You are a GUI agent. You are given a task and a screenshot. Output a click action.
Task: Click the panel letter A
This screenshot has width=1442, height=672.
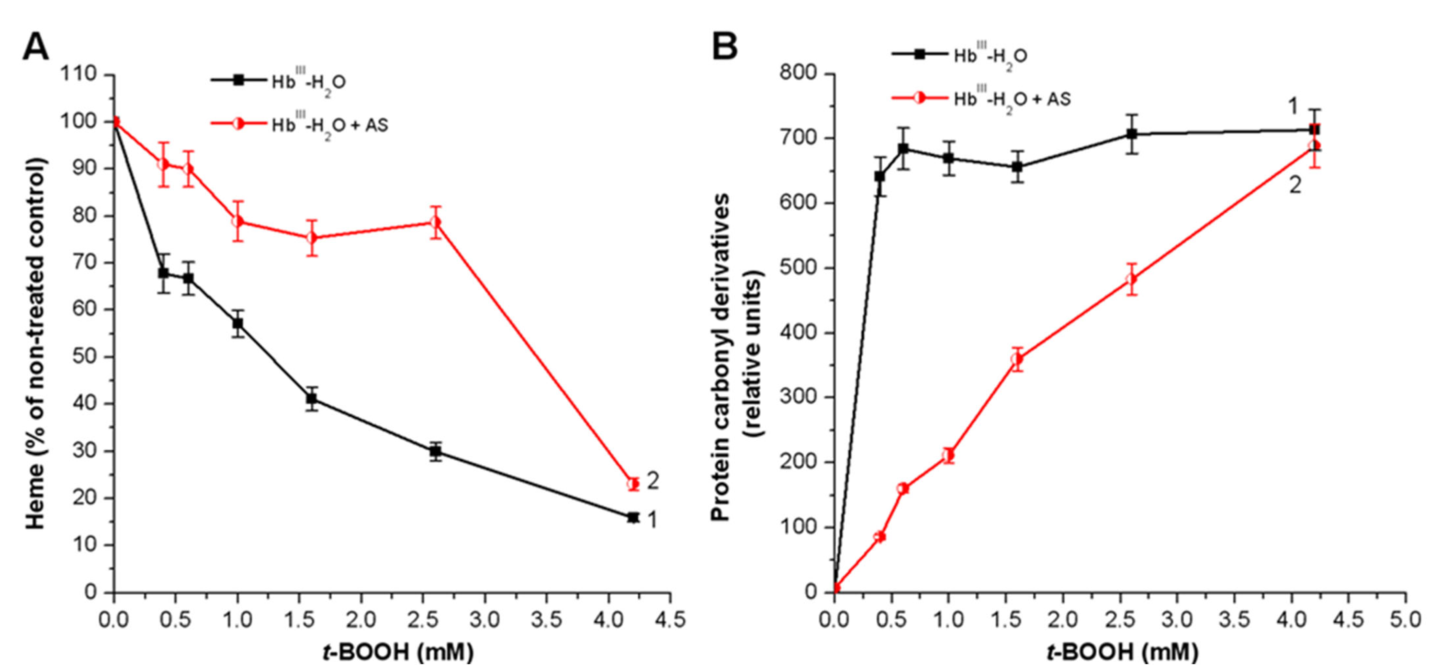coord(35,47)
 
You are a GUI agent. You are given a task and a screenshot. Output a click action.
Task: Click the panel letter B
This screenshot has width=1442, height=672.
coord(724,47)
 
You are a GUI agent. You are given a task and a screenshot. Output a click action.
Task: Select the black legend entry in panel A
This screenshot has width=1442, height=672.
coord(278,81)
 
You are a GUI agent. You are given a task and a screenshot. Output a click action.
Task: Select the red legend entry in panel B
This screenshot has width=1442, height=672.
coord(981,99)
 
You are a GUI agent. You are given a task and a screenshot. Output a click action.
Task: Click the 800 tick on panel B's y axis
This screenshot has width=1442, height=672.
coord(798,74)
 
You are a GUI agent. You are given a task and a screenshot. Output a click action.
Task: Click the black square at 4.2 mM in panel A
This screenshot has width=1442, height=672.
coord(633,517)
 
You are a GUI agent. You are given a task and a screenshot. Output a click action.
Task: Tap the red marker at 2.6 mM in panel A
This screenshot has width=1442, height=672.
coord(436,223)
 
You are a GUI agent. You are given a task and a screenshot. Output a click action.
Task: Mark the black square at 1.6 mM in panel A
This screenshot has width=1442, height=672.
coord(312,399)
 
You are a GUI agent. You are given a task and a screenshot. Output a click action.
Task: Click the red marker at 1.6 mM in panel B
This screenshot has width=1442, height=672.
coord(1017,359)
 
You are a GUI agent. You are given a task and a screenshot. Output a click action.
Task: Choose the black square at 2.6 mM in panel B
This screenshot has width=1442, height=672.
coord(1131,134)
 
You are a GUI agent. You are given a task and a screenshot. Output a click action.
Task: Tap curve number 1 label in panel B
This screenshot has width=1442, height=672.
coord(1293,106)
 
